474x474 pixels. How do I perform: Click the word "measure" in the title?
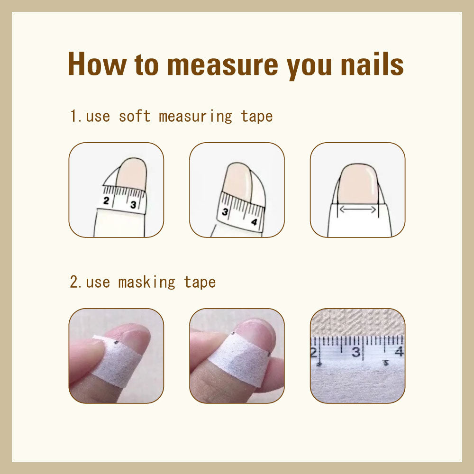click(222, 64)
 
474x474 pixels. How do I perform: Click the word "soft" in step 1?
click(135, 117)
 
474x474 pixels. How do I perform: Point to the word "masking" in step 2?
click(146, 283)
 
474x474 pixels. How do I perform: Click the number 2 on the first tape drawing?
click(106, 201)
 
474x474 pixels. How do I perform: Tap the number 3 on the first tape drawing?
click(133, 205)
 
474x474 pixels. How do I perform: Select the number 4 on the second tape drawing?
click(254, 222)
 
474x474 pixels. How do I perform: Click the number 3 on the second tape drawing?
click(225, 211)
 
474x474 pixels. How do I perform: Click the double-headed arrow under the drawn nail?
click(358, 209)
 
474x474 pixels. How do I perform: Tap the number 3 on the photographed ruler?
click(356, 352)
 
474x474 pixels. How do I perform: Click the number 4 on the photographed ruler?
click(399, 351)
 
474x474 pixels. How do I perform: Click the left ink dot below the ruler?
click(319, 364)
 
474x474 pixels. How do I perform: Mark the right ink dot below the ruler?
click(385, 363)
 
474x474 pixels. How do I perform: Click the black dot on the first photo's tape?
click(116, 342)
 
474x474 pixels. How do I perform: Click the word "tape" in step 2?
click(200, 283)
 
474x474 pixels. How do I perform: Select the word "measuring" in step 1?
click(196, 117)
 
